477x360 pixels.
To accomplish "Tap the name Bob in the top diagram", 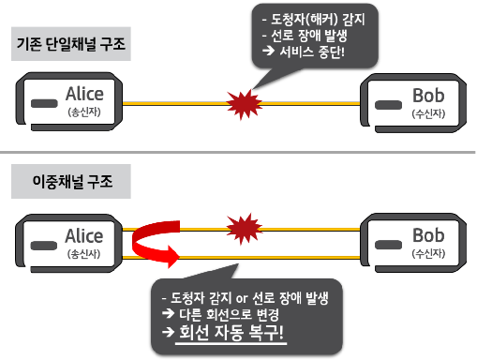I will coord(428,94).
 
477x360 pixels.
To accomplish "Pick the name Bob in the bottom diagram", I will coord(428,236).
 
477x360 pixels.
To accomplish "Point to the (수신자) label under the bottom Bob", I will coord(428,254).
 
